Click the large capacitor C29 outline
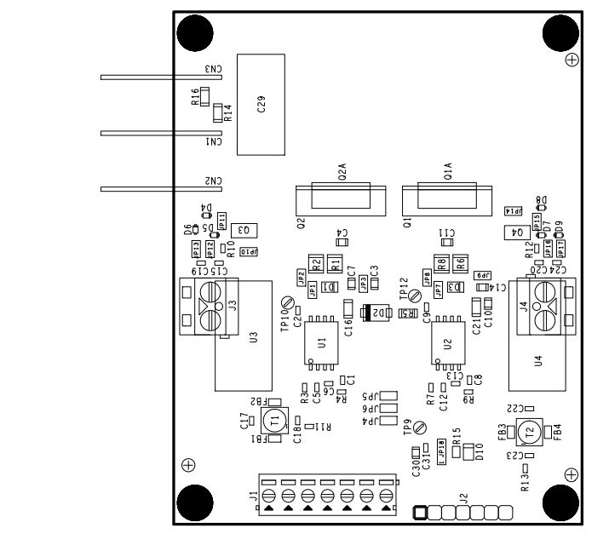260,105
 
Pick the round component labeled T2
529,433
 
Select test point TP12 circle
414,296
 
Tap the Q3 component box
243,229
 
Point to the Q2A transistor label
342,176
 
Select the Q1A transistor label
447,176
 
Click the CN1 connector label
212,142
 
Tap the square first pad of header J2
419,512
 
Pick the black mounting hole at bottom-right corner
559,501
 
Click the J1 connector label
253,496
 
